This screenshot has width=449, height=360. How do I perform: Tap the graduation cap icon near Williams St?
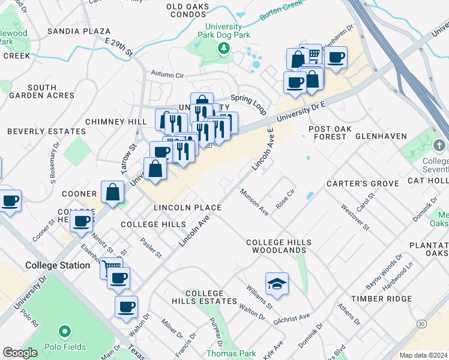pos(277,283)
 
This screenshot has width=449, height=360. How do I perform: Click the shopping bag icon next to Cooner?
pos(113,192)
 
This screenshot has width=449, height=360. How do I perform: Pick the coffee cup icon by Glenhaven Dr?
pos(336,58)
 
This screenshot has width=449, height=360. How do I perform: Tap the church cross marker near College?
pos(440,146)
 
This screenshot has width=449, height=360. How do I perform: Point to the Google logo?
pos(20,353)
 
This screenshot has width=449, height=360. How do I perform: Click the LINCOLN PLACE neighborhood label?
pos(187,208)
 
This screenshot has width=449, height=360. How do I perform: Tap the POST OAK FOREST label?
pos(327,133)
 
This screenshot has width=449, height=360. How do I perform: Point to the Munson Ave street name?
pos(254,202)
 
